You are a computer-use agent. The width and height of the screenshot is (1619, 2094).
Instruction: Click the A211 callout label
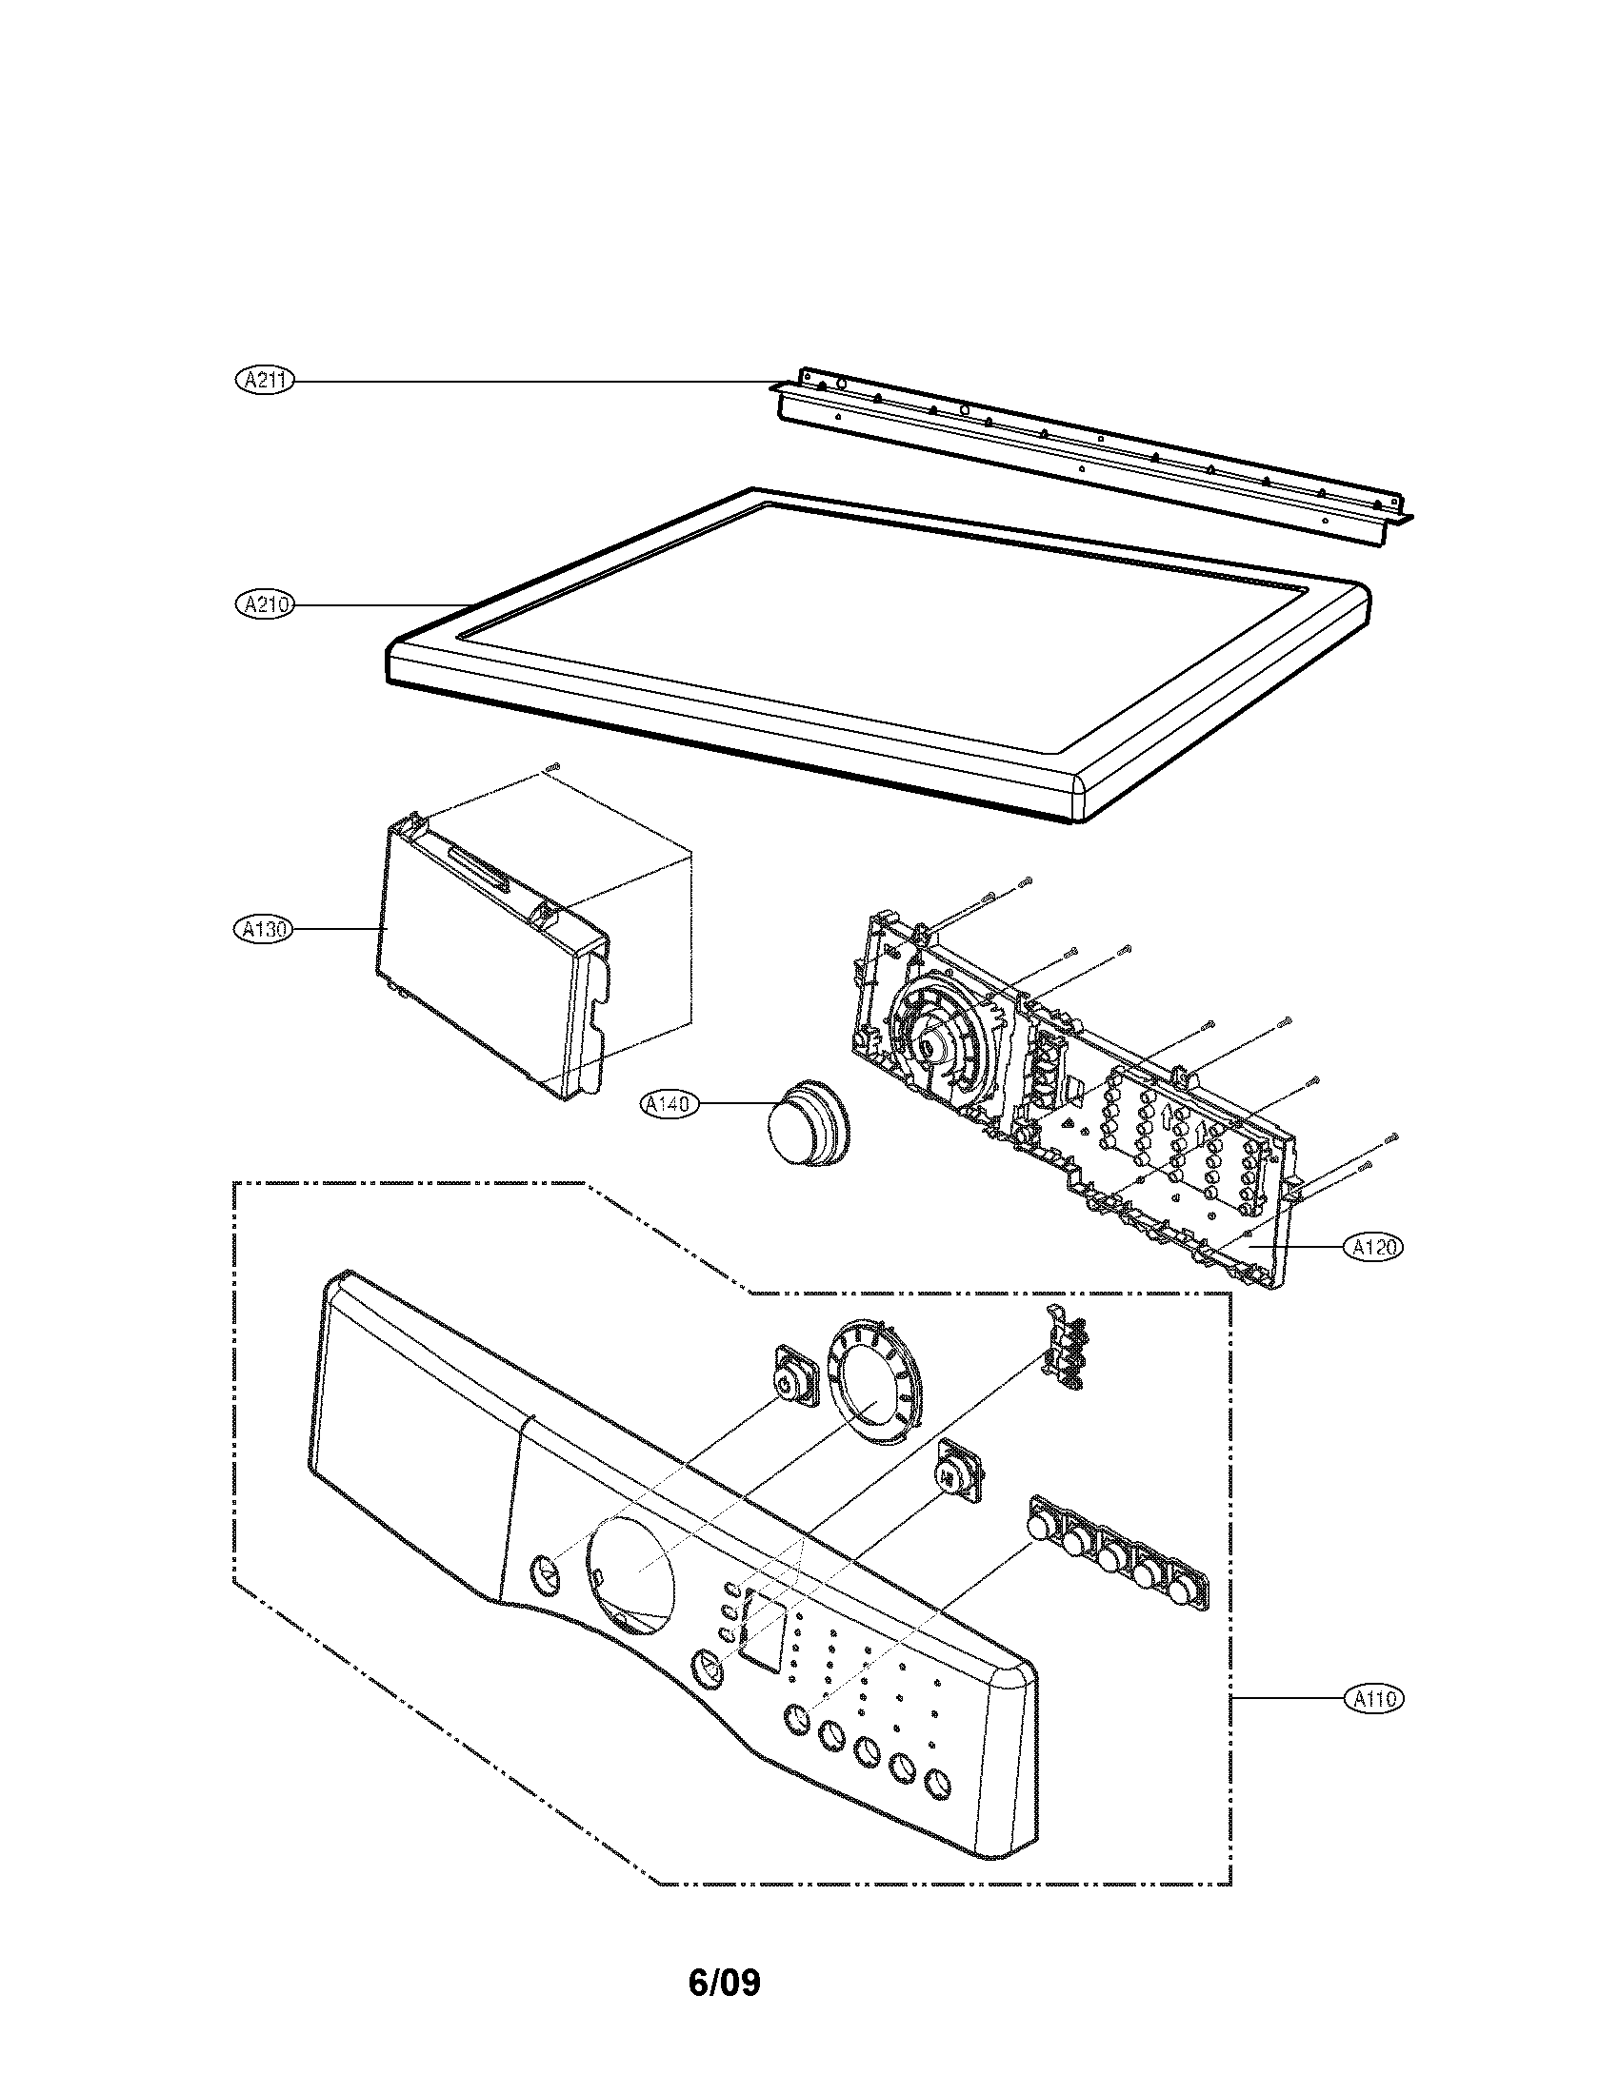[x=265, y=381]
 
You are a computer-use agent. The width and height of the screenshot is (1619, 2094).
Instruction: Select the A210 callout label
[x=265, y=604]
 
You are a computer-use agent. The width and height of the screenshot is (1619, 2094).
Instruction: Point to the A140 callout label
[x=669, y=1105]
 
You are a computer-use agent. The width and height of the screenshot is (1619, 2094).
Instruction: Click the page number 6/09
[x=724, y=1975]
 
